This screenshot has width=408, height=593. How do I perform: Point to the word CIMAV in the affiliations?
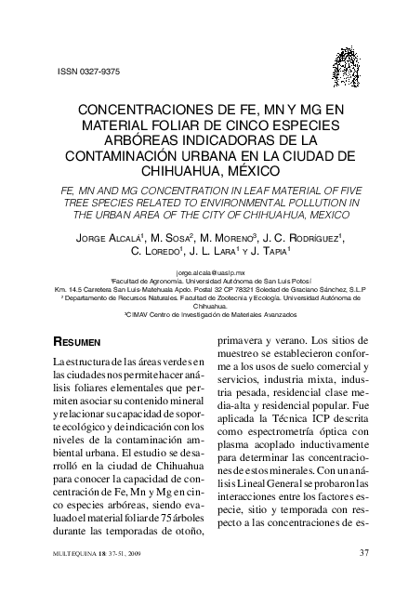point(139,314)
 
